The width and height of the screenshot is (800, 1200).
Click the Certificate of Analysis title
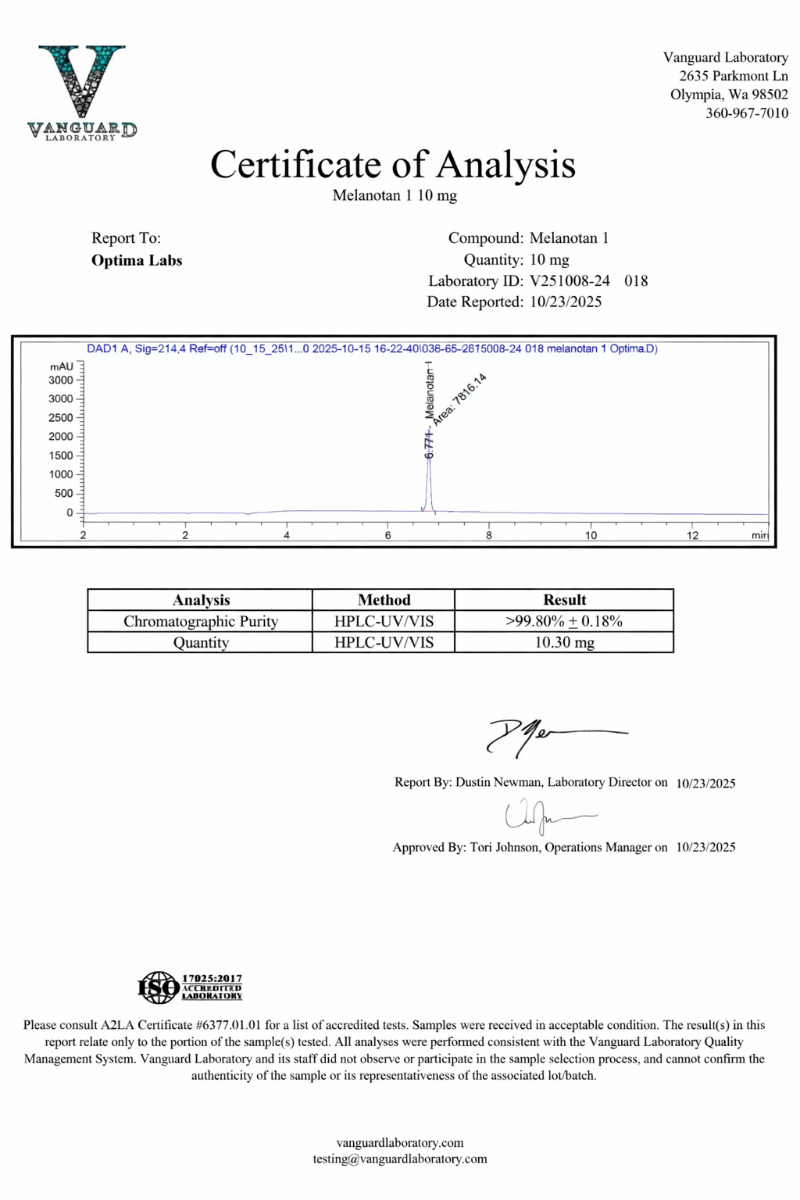393,165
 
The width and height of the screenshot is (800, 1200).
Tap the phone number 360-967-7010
747,113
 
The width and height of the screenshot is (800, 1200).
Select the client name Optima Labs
137,260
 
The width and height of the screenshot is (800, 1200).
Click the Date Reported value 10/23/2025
566,302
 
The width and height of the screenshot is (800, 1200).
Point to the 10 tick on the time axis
591,535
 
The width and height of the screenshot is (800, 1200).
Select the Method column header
384,600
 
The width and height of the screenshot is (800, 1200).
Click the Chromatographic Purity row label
201,621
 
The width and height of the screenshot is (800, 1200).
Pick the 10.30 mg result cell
564,642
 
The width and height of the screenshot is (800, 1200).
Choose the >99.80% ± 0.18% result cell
564,621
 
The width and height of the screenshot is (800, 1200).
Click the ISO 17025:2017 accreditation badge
190,987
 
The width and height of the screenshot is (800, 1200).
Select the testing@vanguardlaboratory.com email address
400,1159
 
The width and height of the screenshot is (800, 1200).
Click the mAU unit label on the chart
62,366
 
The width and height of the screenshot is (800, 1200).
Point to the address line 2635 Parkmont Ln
734,77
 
